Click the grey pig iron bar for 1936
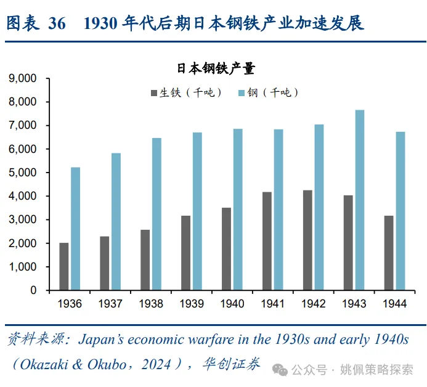point(64,266)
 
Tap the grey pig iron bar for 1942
point(307,240)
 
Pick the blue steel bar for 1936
point(75,229)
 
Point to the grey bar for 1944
point(388,253)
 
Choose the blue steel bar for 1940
point(238,210)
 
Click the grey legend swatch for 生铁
point(153,93)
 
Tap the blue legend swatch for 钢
point(241,93)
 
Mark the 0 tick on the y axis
point(33,290)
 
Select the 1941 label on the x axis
point(273,304)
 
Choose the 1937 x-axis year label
point(110,304)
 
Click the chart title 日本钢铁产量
point(216,68)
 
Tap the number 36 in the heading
point(56,23)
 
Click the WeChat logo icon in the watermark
point(281,369)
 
